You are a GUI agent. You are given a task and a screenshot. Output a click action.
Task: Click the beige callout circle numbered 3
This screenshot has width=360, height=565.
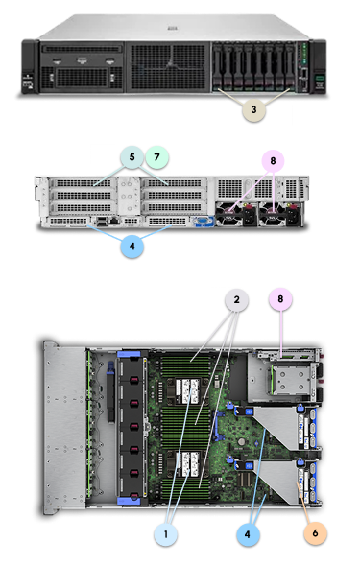pos(252,109)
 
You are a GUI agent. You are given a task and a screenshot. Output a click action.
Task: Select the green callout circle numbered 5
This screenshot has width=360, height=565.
pos(131,153)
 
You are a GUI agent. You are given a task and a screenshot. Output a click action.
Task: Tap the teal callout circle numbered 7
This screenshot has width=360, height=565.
pos(156,153)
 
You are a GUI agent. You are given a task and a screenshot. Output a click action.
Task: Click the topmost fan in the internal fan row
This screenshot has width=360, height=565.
pos(129,371)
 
